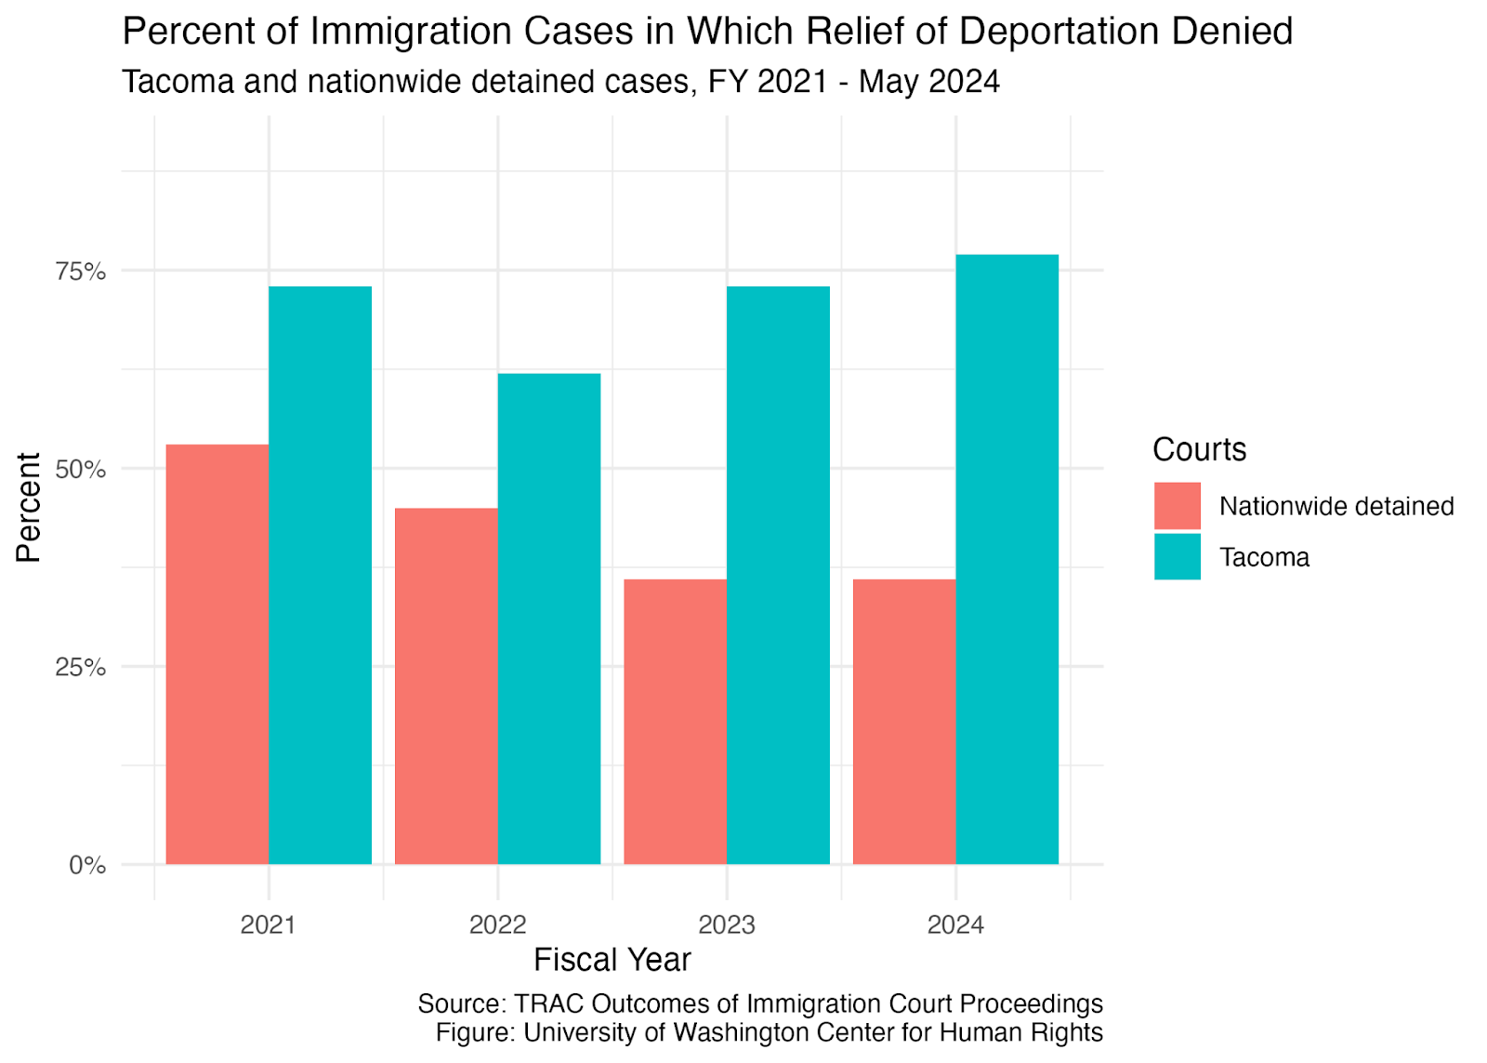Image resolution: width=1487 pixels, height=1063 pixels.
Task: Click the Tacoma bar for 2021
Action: point(320,576)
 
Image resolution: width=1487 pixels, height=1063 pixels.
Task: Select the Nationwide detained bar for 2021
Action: point(217,655)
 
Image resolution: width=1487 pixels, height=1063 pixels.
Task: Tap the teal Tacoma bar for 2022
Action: point(549,618)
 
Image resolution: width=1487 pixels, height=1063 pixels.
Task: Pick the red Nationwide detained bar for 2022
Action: point(446,686)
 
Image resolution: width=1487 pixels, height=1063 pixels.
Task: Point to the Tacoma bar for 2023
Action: point(778,576)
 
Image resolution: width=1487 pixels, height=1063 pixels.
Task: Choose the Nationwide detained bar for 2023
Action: point(675,722)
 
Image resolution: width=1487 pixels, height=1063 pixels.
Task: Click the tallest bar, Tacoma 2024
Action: point(1007,560)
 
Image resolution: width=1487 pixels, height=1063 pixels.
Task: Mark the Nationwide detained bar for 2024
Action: point(904,722)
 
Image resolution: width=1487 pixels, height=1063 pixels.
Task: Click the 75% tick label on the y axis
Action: point(80,271)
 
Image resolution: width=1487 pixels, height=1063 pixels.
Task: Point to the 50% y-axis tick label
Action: point(80,469)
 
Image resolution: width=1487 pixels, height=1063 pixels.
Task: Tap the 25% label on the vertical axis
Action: point(80,667)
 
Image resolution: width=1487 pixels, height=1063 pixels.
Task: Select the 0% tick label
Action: point(87,865)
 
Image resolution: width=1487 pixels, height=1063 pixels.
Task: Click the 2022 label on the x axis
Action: point(497,924)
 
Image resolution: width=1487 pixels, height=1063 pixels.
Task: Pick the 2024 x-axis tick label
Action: point(955,924)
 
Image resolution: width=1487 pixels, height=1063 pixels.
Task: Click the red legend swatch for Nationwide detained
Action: point(1177,506)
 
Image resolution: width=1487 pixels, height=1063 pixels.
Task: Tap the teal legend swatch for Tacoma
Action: point(1177,557)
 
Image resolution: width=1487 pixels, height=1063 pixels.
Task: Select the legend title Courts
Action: point(1199,450)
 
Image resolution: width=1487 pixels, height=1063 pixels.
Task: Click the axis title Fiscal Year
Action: point(612,960)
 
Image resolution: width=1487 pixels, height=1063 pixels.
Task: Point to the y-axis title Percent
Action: point(29,508)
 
